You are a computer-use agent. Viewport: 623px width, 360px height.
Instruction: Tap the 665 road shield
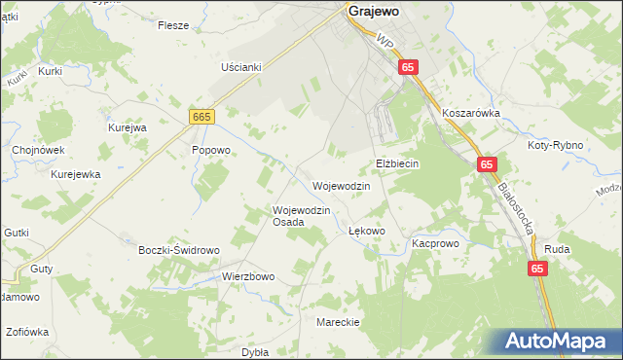(202, 117)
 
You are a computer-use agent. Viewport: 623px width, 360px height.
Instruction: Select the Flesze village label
(172, 26)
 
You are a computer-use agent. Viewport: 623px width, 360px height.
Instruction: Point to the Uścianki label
(241, 67)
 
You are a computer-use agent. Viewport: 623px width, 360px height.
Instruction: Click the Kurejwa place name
(127, 127)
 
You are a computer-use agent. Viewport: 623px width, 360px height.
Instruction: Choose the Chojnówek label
(38, 151)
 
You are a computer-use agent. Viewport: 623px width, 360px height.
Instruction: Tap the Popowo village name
(210, 151)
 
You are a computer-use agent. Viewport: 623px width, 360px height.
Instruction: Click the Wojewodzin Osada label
(302, 215)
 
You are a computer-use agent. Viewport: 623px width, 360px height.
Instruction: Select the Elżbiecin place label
(397, 163)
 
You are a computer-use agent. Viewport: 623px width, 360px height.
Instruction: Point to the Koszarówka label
(470, 113)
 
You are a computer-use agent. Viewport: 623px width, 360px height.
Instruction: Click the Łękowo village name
(367, 232)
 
